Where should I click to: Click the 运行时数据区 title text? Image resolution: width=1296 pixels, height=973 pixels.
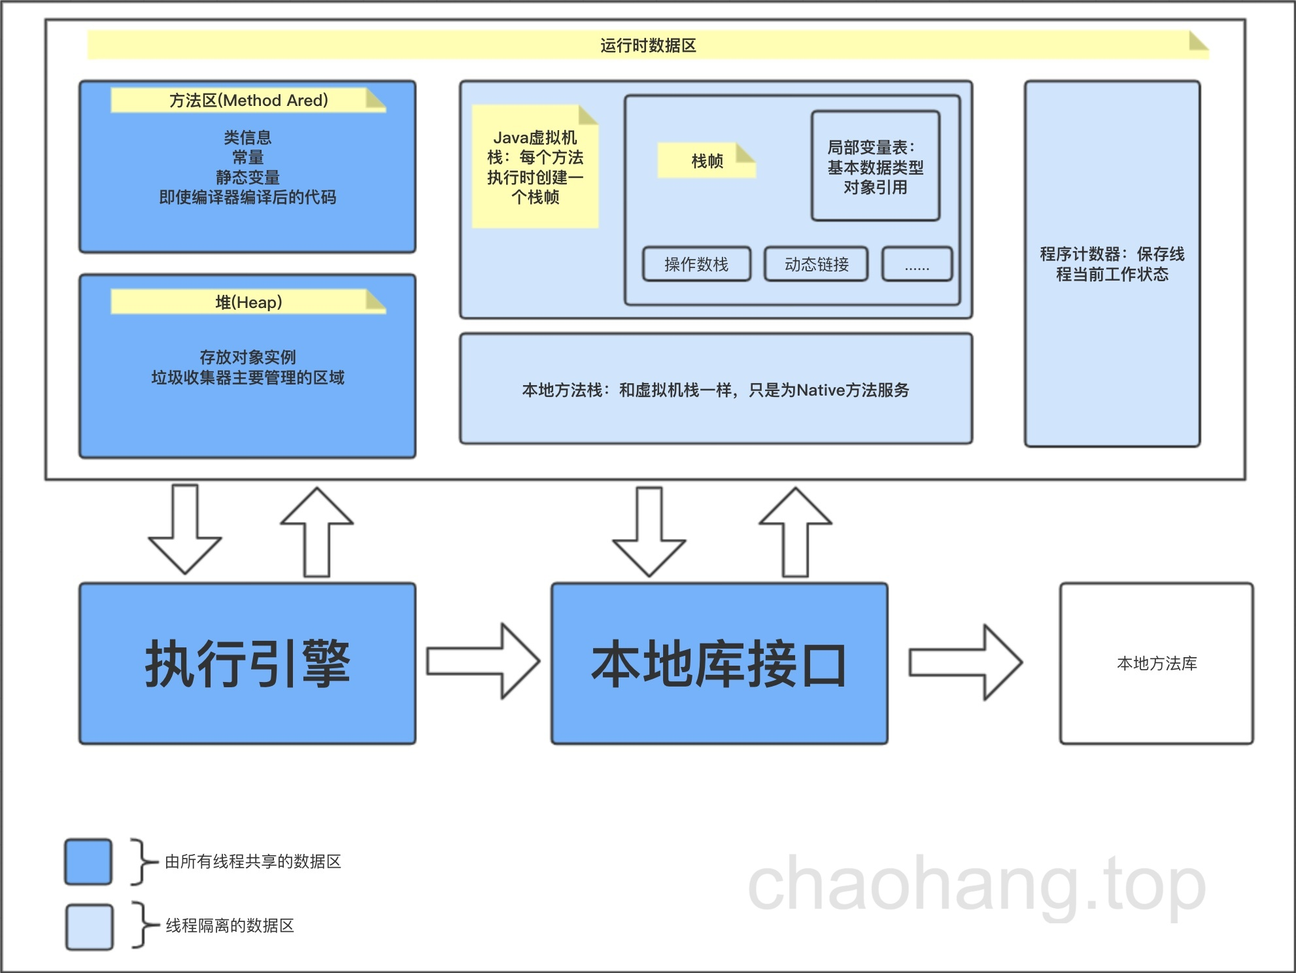coord(648,45)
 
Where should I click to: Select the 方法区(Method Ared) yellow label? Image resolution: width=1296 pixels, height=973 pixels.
coord(248,100)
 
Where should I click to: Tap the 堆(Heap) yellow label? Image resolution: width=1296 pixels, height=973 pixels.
coord(248,302)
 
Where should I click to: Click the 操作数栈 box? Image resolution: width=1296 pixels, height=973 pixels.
coord(696,264)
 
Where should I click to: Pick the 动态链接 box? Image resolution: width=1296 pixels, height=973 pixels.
coord(816,264)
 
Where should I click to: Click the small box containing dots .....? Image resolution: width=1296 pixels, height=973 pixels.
coord(917,264)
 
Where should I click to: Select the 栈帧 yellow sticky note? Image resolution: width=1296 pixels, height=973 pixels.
coord(706,160)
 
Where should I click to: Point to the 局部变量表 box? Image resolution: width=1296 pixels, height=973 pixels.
coord(876,167)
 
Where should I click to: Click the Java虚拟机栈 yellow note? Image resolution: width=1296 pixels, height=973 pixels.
coord(535,167)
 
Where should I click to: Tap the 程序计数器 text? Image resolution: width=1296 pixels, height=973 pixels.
coord(1112,264)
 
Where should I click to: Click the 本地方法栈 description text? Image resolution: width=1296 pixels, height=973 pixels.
coord(715,390)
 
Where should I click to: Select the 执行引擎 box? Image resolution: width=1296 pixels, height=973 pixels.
coord(247,663)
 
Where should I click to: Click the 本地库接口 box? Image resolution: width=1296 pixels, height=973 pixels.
coord(719,663)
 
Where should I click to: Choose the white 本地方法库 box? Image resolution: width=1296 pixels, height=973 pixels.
coord(1156,663)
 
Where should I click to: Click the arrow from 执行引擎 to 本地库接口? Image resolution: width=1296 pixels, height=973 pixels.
coord(483,661)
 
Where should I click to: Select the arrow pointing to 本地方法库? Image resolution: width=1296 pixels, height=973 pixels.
coord(965,662)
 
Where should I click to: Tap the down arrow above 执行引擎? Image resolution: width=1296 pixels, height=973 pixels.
coord(185,530)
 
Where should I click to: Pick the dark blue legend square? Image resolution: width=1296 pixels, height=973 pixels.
coord(88,862)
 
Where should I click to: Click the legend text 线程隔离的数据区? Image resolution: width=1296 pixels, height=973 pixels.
coord(230,925)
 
